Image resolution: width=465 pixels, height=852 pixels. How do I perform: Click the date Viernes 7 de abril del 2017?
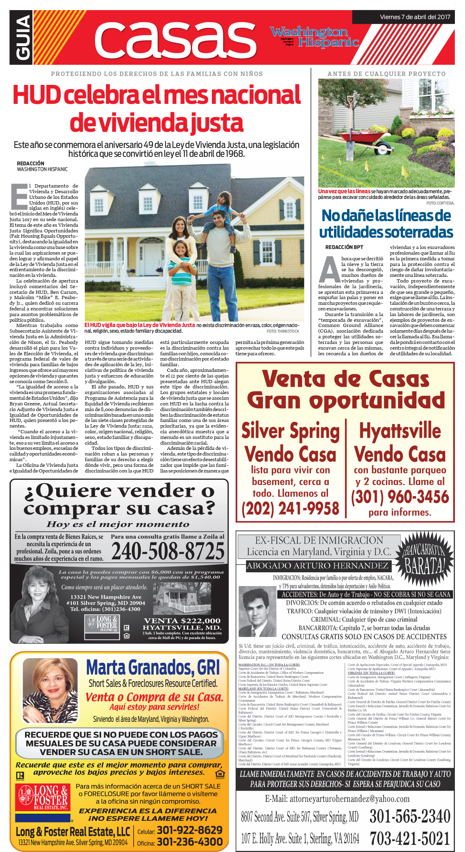(415, 17)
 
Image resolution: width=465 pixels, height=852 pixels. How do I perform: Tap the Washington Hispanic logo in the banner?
(314, 37)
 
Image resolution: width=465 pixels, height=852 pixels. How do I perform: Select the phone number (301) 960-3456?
(400, 497)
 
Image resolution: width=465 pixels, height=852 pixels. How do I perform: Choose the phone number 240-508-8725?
(168, 551)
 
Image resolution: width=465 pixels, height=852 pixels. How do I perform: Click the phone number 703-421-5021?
(410, 838)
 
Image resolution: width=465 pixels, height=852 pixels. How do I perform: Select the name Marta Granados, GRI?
(153, 667)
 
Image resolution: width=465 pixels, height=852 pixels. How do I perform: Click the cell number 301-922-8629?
(189, 830)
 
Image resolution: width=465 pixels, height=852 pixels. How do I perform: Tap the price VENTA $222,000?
(182, 620)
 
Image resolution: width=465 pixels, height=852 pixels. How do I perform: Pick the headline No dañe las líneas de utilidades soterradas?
(386, 224)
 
